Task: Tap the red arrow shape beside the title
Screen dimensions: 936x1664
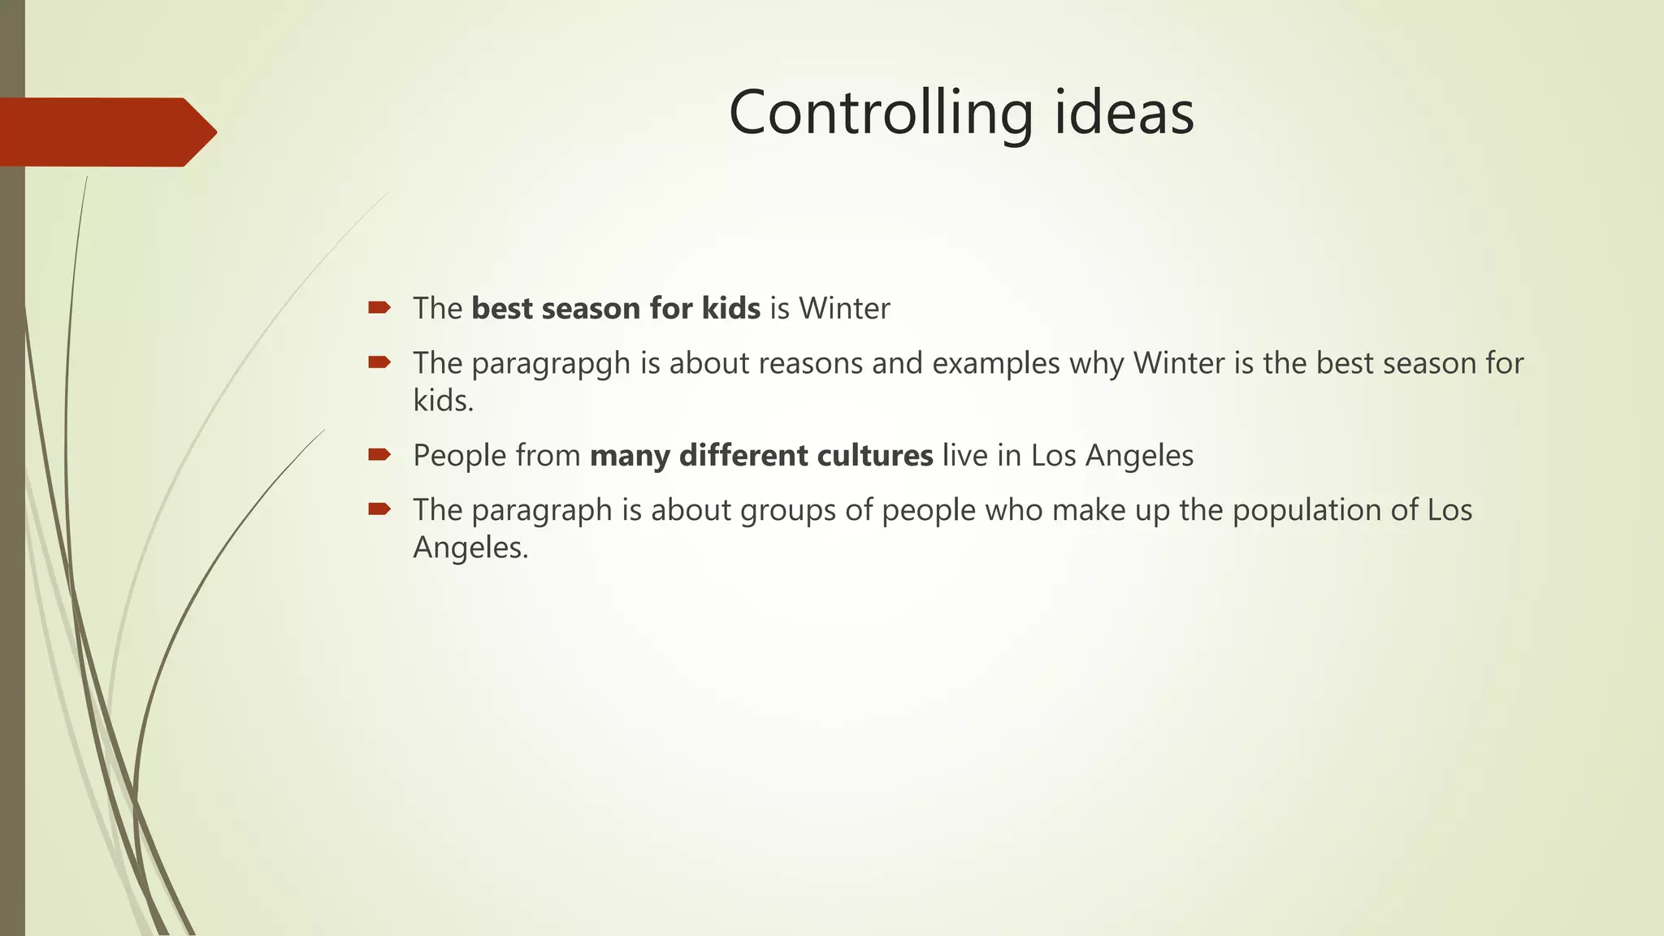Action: [106, 132]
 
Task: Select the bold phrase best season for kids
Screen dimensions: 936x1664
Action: [616, 309]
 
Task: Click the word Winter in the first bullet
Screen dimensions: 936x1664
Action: [844, 309]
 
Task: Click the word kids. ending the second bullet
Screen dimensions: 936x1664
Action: [443, 401]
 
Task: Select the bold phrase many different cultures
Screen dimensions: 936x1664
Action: [761, 456]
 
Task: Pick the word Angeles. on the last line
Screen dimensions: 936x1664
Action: [470, 548]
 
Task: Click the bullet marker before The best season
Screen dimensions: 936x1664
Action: [379, 307]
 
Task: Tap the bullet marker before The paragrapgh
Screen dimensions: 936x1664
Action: [379, 362]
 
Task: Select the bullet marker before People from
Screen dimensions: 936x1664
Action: [379, 454]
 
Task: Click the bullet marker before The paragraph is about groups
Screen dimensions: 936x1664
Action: [379, 509]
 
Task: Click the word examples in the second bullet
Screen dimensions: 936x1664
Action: [995, 363]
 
